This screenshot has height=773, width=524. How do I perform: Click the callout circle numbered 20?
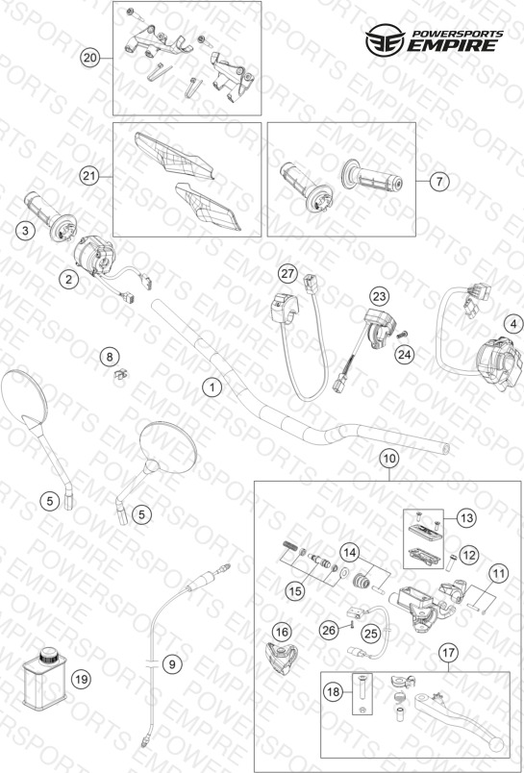click(x=89, y=59)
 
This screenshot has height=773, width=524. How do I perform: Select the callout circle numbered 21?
click(x=89, y=177)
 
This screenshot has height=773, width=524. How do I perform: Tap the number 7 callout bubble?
click(x=439, y=182)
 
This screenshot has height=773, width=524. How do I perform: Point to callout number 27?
click(x=287, y=273)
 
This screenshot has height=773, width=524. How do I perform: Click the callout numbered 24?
click(x=406, y=355)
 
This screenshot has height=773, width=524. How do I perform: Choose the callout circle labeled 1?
click(x=212, y=387)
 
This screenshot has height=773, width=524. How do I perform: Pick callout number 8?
click(x=110, y=357)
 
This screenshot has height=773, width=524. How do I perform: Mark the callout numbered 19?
click(x=82, y=680)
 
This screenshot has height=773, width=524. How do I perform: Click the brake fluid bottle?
click(x=43, y=680)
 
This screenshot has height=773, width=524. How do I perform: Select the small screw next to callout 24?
click(x=403, y=335)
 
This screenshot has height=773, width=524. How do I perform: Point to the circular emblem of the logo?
click(x=385, y=39)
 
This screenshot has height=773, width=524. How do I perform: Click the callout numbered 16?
click(x=283, y=632)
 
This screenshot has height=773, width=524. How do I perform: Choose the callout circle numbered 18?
click(x=334, y=692)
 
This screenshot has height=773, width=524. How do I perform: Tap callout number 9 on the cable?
click(x=172, y=664)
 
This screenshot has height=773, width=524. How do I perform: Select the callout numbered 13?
click(x=467, y=518)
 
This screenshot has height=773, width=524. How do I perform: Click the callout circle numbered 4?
click(x=513, y=324)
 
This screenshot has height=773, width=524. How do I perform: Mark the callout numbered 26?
click(x=329, y=629)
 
